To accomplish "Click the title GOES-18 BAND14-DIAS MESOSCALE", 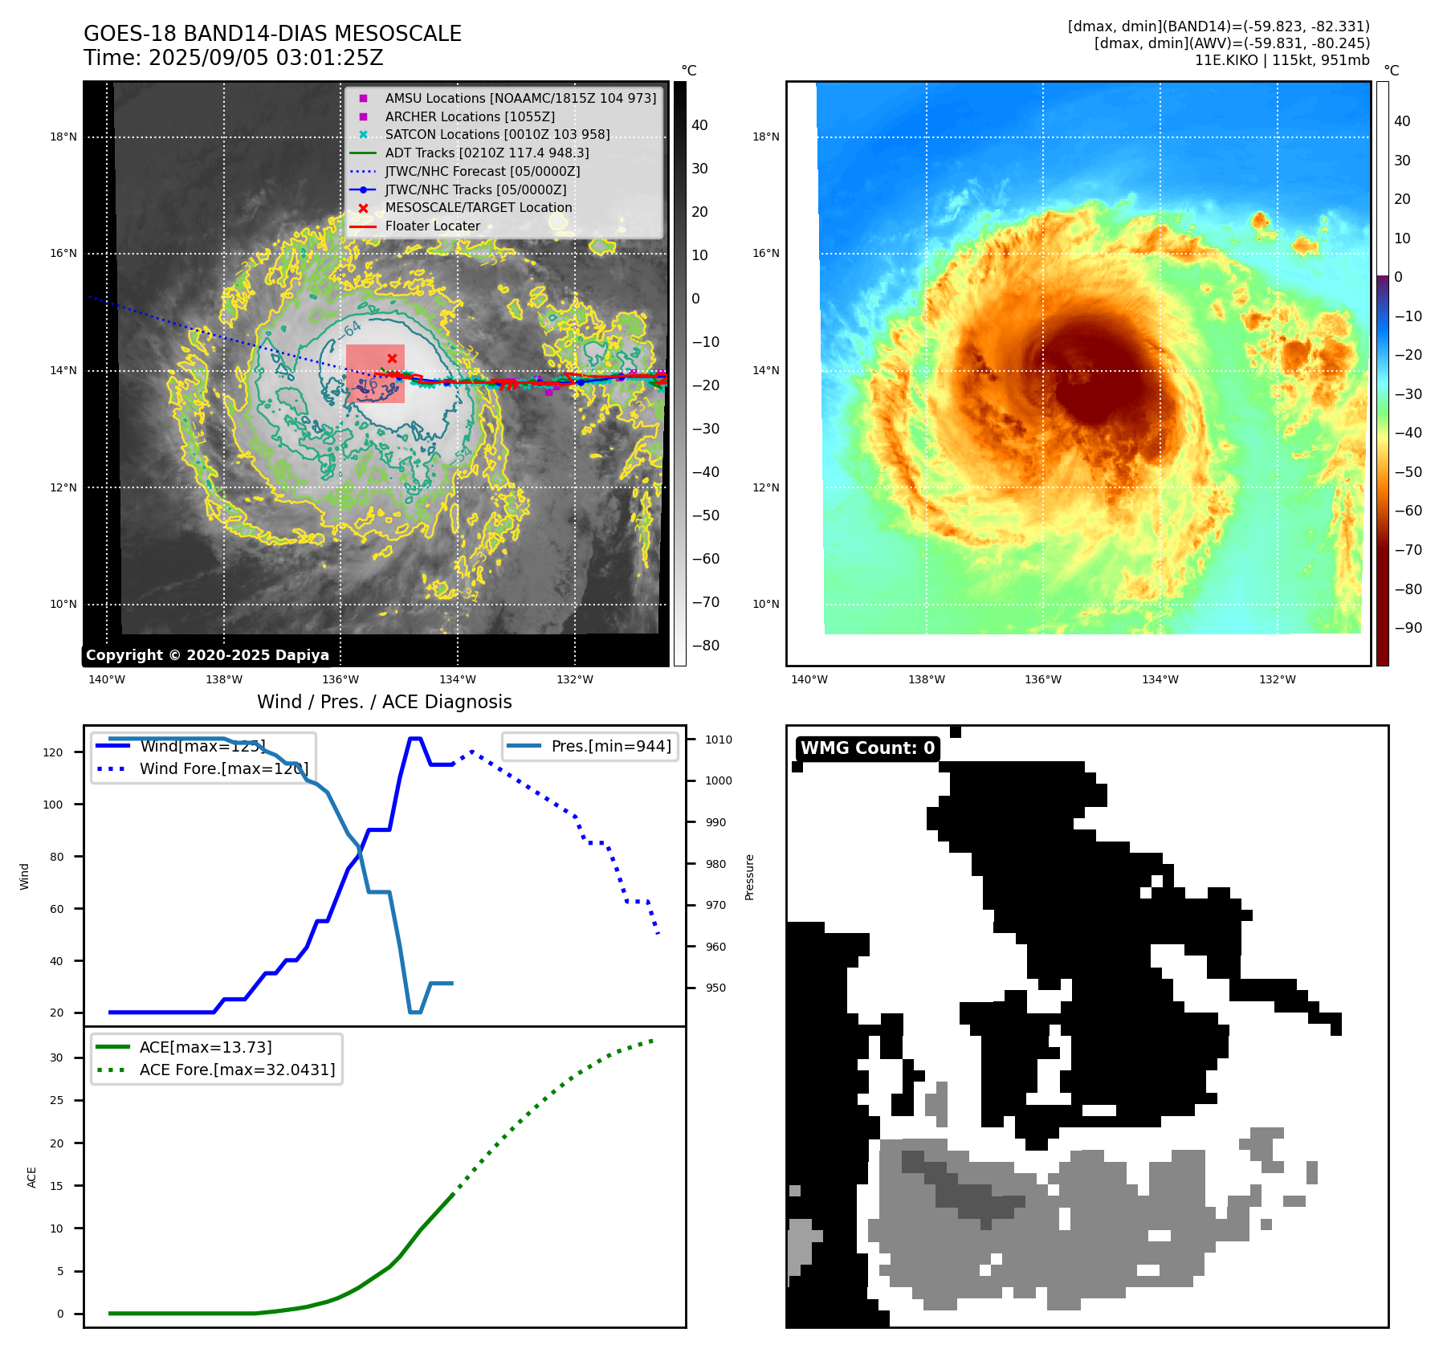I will click(x=272, y=34).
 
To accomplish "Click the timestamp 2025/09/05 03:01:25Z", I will click(x=265, y=58).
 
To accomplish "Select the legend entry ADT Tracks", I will click(x=487, y=153).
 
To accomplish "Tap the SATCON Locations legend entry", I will click(x=497, y=134).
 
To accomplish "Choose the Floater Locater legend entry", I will click(x=432, y=226).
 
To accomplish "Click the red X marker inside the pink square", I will click(x=392, y=358).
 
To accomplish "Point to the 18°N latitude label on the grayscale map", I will click(x=63, y=137).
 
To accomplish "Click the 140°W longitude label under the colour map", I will click(x=809, y=679).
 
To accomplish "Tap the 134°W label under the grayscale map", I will click(x=458, y=679).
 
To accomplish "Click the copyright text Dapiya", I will click(x=207, y=655).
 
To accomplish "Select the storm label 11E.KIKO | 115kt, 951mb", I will click(x=1282, y=60).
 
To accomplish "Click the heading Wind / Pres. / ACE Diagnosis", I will click(x=384, y=702).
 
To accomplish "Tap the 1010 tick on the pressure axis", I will click(x=719, y=740).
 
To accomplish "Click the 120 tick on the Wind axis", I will click(x=53, y=752).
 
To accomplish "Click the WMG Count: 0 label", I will click(x=867, y=748).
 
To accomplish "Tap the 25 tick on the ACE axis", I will click(x=56, y=1100).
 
